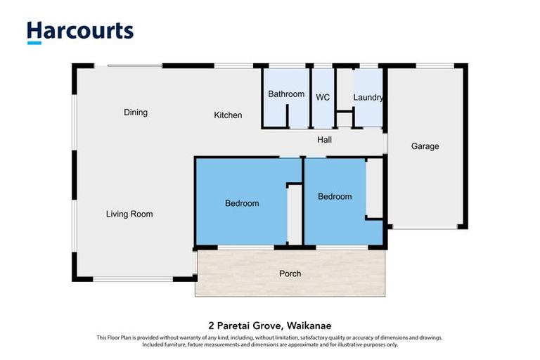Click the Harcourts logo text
80,30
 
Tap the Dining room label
136,112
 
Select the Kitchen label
228,115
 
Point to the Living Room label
129,214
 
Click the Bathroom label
286,94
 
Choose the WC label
323,98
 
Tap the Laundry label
368,98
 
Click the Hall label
324,140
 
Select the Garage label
425,147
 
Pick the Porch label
290,274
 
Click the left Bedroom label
242,204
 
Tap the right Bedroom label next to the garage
335,197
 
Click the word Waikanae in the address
310,326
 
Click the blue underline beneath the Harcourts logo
33,43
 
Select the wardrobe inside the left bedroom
295,214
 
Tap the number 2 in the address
211,326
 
